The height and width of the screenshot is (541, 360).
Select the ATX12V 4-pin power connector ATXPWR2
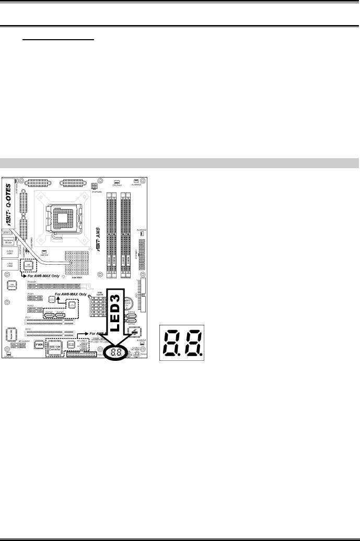click(x=94, y=186)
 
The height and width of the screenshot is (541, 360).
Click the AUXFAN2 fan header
click(x=141, y=234)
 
